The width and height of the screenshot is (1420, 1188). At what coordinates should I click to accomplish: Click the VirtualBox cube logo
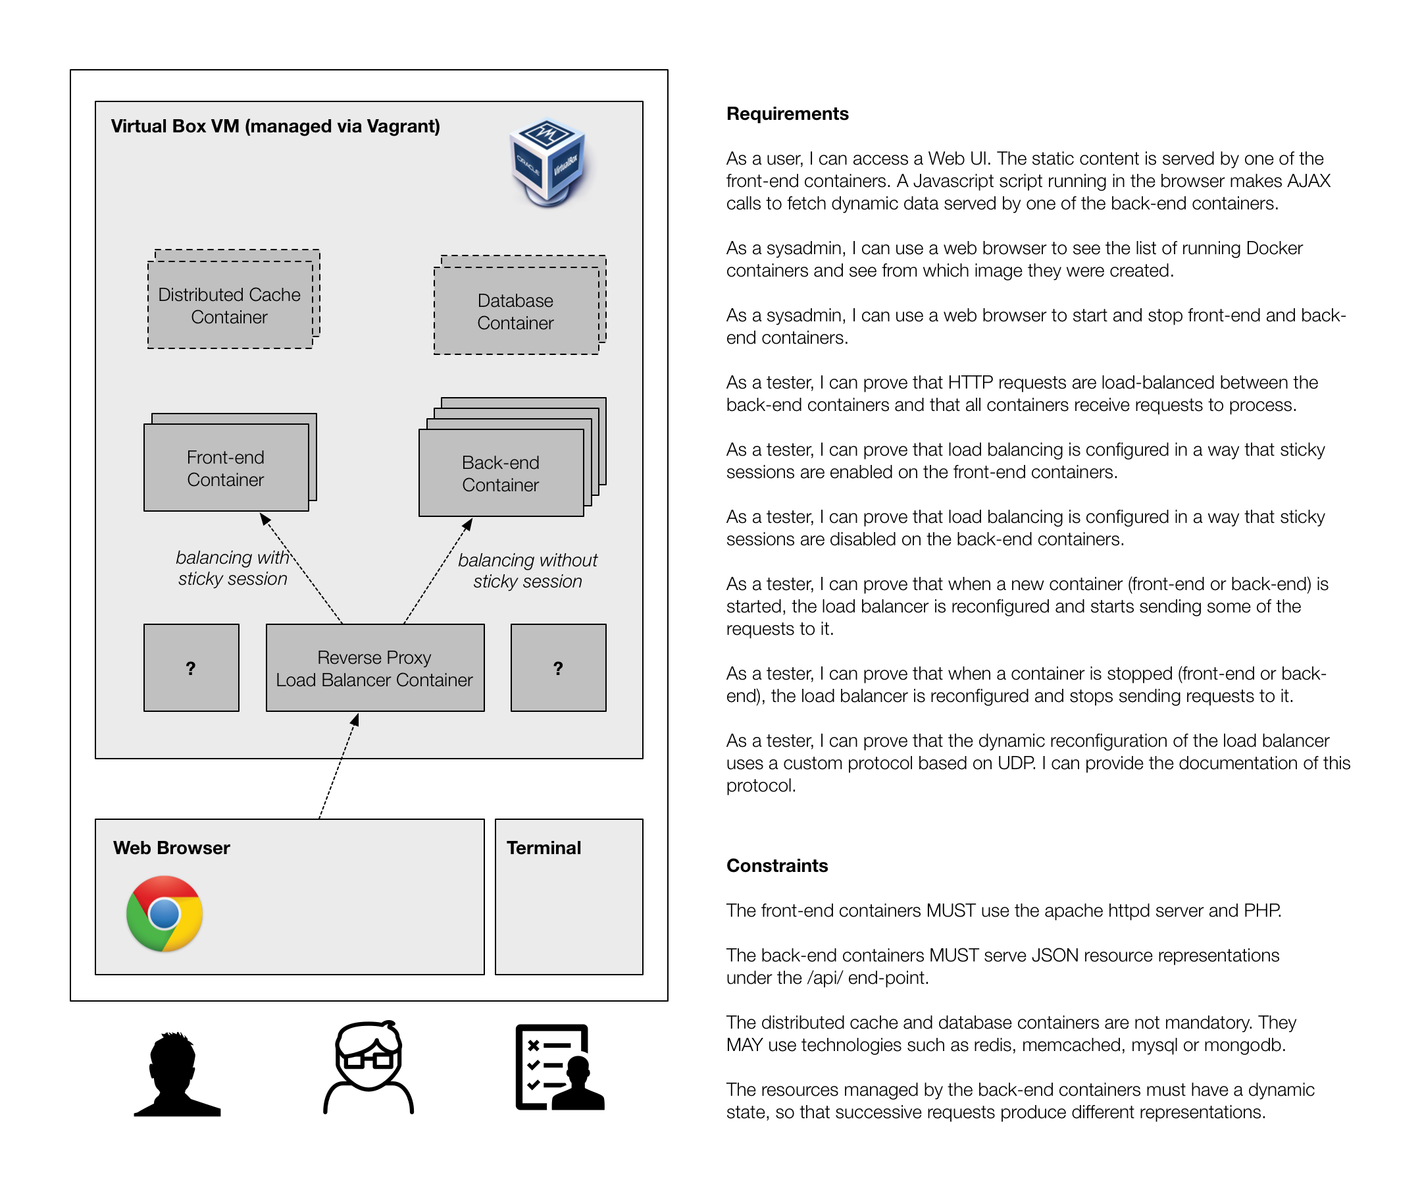pyautogui.click(x=547, y=163)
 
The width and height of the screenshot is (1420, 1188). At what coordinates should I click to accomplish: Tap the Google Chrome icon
pyautogui.click(x=165, y=913)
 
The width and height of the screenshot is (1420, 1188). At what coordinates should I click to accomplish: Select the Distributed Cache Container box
pyautogui.click(x=230, y=305)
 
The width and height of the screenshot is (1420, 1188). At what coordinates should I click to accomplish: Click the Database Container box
pyautogui.click(x=515, y=311)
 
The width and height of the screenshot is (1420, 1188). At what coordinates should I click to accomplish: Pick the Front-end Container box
pyautogui.click(x=226, y=468)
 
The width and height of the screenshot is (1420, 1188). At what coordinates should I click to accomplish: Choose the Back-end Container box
pyautogui.click(x=500, y=473)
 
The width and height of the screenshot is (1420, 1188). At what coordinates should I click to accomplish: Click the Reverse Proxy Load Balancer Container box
pyautogui.click(x=374, y=668)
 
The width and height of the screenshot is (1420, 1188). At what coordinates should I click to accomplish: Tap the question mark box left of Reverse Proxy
pyautogui.click(x=191, y=668)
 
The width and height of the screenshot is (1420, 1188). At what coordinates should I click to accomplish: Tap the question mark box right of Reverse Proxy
pyautogui.click(x=558, y=668)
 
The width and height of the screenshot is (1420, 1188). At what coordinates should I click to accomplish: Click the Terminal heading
pyautogui.click(x=544, y=848)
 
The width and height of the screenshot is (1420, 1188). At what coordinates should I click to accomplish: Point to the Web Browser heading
pyautogui.click(x=171, y=848)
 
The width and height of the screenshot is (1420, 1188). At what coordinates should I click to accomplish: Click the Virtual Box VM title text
pyautogui.click(x=274, y=126)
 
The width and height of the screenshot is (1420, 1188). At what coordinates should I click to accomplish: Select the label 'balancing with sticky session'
pyautogui.click(x=233, y=568)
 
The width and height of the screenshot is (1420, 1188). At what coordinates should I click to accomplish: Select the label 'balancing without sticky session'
pyautogui.click(x=528, y=571)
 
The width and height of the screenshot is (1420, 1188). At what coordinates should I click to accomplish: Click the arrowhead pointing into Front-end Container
pyautogui.click(x=265, y=519)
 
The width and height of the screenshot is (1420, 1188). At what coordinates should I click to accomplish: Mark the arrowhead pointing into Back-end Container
pyautogui.click(x=468, y=524)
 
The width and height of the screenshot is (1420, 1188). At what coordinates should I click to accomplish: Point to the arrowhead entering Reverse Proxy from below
pyautogui.click(x=355, y=720)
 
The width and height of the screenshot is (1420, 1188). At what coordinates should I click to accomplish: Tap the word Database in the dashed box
pyautogui.click(x=515, y=300)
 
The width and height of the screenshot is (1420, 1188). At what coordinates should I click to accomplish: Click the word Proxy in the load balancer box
pyautogui.click(x=409, y=658)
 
